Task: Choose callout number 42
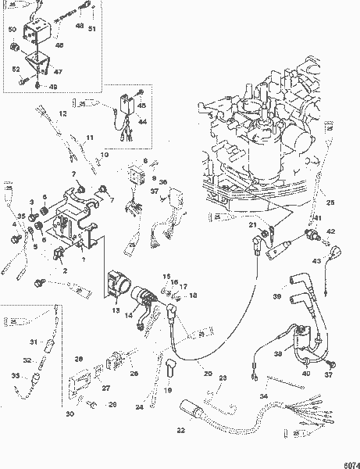coord(330,232)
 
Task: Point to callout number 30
coord(70,414)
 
